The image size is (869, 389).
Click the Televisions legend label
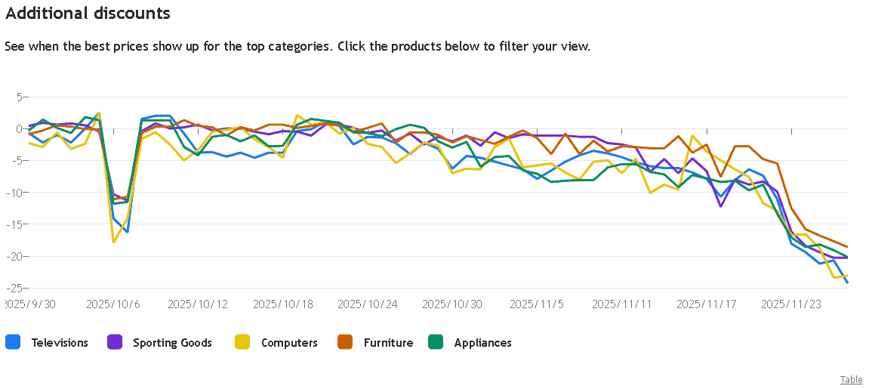point(60,342)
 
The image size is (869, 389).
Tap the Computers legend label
point(289,342)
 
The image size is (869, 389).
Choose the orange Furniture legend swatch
point(346,342)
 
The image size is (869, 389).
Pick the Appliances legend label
point(482,342)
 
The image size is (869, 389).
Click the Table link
point(852,380)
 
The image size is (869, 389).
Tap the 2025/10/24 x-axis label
point(366,304)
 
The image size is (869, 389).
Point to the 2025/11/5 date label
point(536,304)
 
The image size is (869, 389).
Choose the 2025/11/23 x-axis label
point(790,304)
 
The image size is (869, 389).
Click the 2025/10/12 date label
point(197,304)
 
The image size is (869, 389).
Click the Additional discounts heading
point(88,13)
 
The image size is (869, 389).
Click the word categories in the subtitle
point(288,46)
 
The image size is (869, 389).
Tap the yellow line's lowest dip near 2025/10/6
point(113,242)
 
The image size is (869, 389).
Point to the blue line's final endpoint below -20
point(847,282)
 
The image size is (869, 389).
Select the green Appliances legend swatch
point(436,342)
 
